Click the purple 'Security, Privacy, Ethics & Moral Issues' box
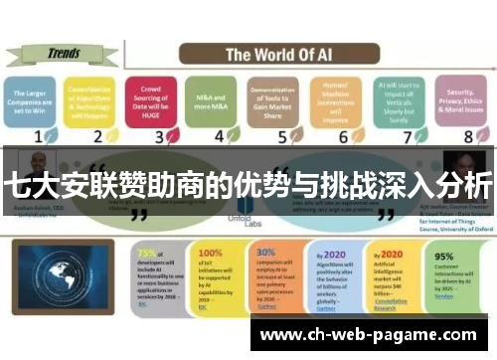[x=456, y=101]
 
